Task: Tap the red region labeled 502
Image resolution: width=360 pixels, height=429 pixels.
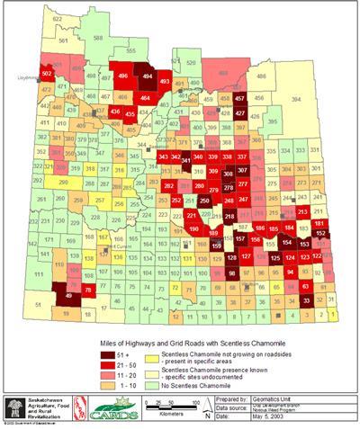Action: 48,72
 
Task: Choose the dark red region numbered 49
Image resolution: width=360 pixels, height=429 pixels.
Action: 70,295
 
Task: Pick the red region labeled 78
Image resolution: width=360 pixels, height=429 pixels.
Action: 88,290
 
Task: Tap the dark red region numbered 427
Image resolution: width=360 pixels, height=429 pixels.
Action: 240,113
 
